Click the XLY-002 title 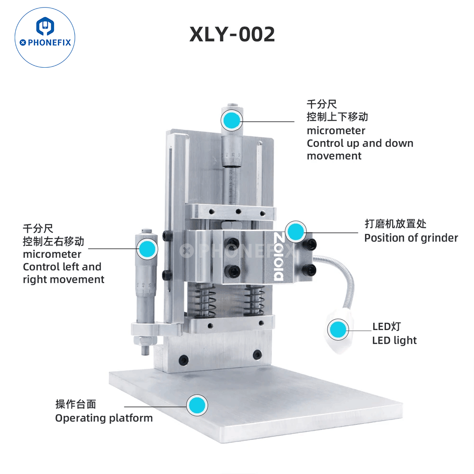(232, 34)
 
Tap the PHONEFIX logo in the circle (45, 37)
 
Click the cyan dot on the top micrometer (232, 120)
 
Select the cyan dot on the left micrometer (147, 249)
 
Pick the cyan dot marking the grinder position (295, 232)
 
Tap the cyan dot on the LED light (338, 330)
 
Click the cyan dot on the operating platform (197, 405)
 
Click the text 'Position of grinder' (411, 238)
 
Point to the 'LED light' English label (394, 340)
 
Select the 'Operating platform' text (104, 419)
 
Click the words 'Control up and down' (360, 143)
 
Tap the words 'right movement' (63, 280)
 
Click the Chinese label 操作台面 (76, 404)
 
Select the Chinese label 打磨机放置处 (395, 224)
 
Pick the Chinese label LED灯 (386, 326)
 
